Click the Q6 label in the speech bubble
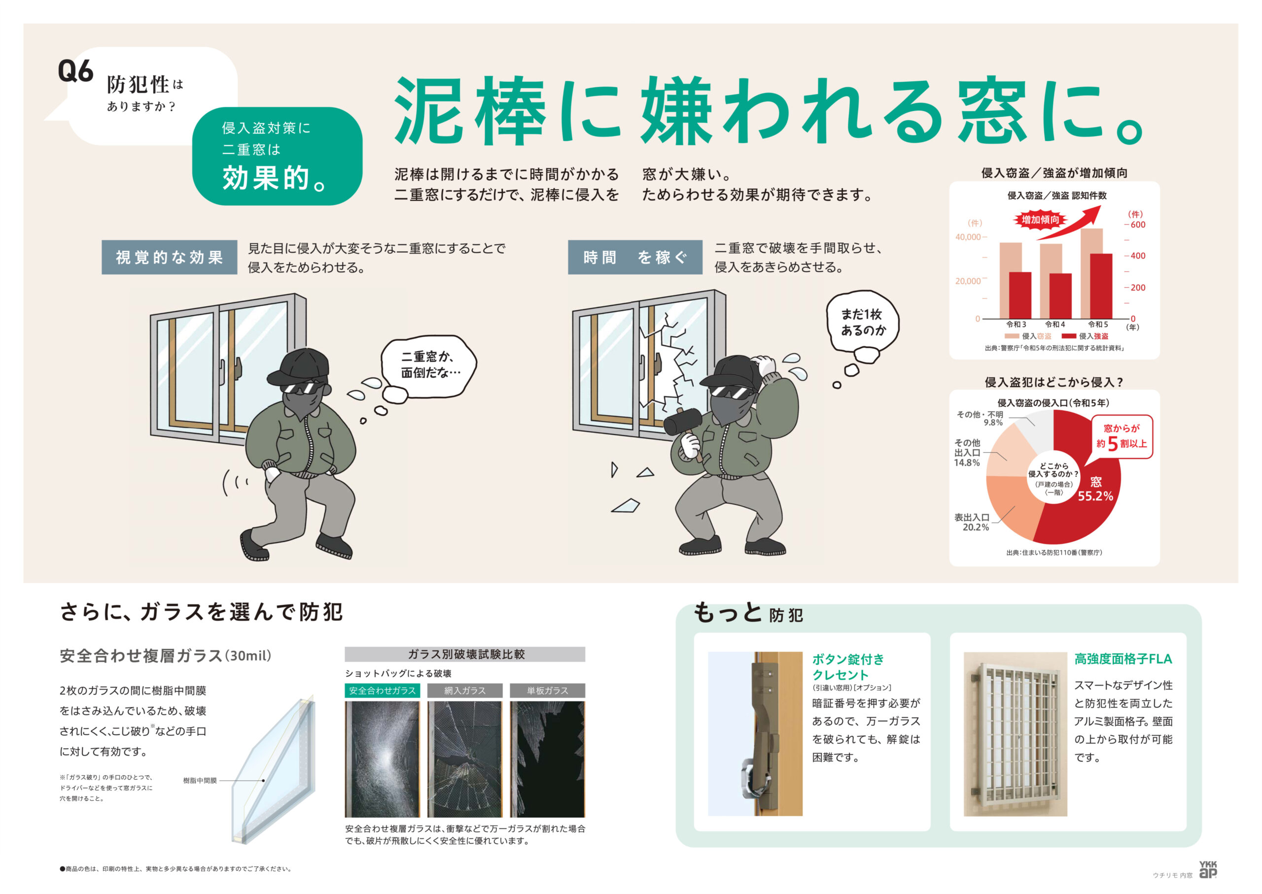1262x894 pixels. [75, 71]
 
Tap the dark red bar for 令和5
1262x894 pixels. [1101, 286]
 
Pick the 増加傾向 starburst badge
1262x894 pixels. [1040, 220]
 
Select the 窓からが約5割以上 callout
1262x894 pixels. [1122, 436]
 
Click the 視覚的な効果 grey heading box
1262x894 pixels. [169, 257]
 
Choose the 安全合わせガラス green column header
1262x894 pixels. [382, 690]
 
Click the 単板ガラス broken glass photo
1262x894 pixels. [547, 758]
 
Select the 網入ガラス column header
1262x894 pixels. [465, 690]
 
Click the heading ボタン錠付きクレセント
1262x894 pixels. [847, 666]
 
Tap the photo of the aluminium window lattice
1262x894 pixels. [1015, 733]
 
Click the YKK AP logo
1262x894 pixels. [1207, 869]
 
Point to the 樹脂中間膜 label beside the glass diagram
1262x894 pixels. [200, 780]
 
